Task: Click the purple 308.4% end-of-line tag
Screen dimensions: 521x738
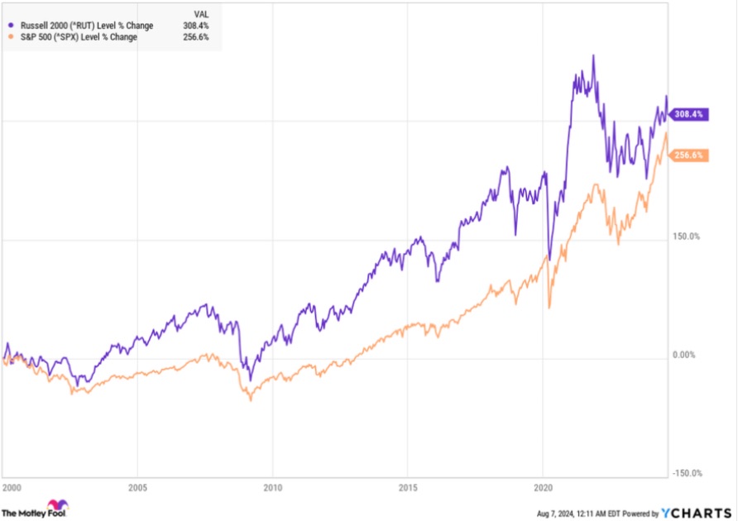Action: (x=688, y=115)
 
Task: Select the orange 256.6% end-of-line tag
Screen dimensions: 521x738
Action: (x=688, y=155)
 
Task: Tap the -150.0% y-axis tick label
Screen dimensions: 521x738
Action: (x=687, y=474)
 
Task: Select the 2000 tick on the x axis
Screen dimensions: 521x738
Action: (x=12, y=487)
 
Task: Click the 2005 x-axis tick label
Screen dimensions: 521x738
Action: (x=138, y=487)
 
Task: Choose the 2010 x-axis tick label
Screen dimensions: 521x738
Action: (x=273, y=487)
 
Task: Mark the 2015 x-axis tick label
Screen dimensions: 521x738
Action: (x=408, y=487)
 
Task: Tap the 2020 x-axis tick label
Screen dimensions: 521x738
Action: (x=543, y=487)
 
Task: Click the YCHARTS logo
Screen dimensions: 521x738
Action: (x=697, y=512)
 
